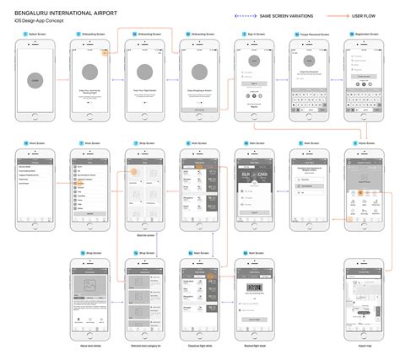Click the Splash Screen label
36,35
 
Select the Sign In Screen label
256,35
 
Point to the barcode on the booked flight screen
253,287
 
